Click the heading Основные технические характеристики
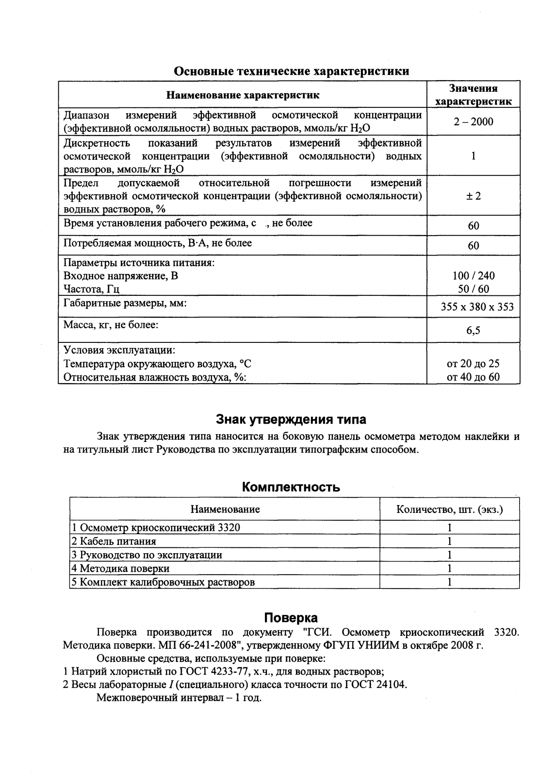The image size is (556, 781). [x=291, y=71]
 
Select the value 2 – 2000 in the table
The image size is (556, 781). [x=473, y=122]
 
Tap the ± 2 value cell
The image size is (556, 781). [x=473, y=196]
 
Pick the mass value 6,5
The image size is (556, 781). [x=473, y=331]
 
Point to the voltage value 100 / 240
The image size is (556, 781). [x=473, y=276]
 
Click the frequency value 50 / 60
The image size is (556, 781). [x=473, y=289]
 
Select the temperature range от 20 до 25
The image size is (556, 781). [x=473, y=364]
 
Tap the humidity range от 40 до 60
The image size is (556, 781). [x=473, y=377]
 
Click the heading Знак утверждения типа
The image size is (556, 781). [x=291, y=419]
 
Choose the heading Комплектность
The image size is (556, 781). [x=291, y=487]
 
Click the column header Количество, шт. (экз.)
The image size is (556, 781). [x=449, y=509]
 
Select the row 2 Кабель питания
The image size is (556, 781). [x=114, y=542]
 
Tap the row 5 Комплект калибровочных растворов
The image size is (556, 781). [x=163, y=582]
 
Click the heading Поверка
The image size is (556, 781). [x=291, y=618]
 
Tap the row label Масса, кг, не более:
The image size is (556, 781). [x=111, y=325]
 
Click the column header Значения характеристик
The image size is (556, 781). [x=473, y=95]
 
